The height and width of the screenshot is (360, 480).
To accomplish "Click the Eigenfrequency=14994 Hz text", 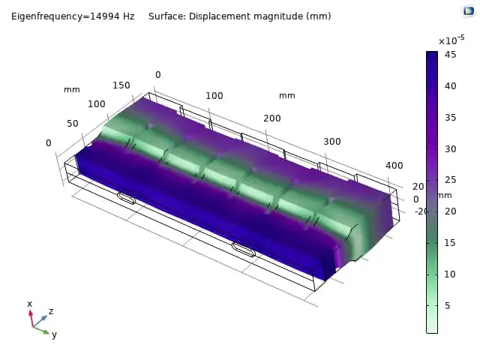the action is tap(73, 16).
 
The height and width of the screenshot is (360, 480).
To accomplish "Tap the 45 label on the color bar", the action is tap(450, 55).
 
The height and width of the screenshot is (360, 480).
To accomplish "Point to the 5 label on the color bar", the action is tap(447, 305).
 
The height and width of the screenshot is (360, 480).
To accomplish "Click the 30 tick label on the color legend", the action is tap(450, 149).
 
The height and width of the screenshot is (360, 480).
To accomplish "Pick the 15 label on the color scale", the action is tap(450, 243).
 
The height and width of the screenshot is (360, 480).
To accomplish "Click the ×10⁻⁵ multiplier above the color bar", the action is tap(451, 40).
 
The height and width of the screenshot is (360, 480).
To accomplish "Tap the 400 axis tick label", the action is tap(394, 166).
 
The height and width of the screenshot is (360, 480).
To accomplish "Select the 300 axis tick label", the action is tap(332, 142).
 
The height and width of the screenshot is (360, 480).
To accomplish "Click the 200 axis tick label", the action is tap(272, 118).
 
